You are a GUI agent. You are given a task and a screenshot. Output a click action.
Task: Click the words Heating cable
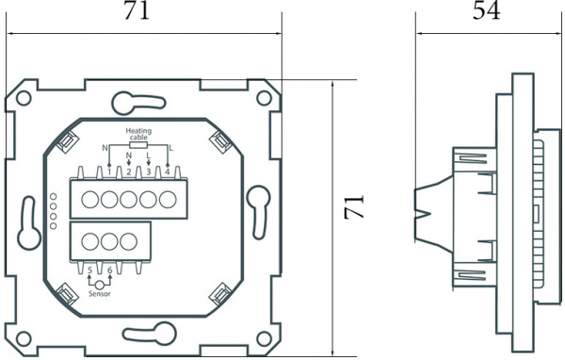point(138,135)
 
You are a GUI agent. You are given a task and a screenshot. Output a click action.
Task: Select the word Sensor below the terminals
point(100,293)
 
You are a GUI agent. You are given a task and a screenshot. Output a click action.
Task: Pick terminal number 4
point(168,171)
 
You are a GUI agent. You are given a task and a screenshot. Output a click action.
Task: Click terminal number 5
point(89,270)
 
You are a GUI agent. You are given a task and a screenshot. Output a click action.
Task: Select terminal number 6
point(110,270)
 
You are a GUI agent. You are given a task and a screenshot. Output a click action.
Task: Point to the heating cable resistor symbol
point(137,146)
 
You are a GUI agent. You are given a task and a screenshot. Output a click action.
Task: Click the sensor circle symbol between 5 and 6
point(100,283)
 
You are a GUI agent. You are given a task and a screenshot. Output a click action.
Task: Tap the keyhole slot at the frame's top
point(125,101)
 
